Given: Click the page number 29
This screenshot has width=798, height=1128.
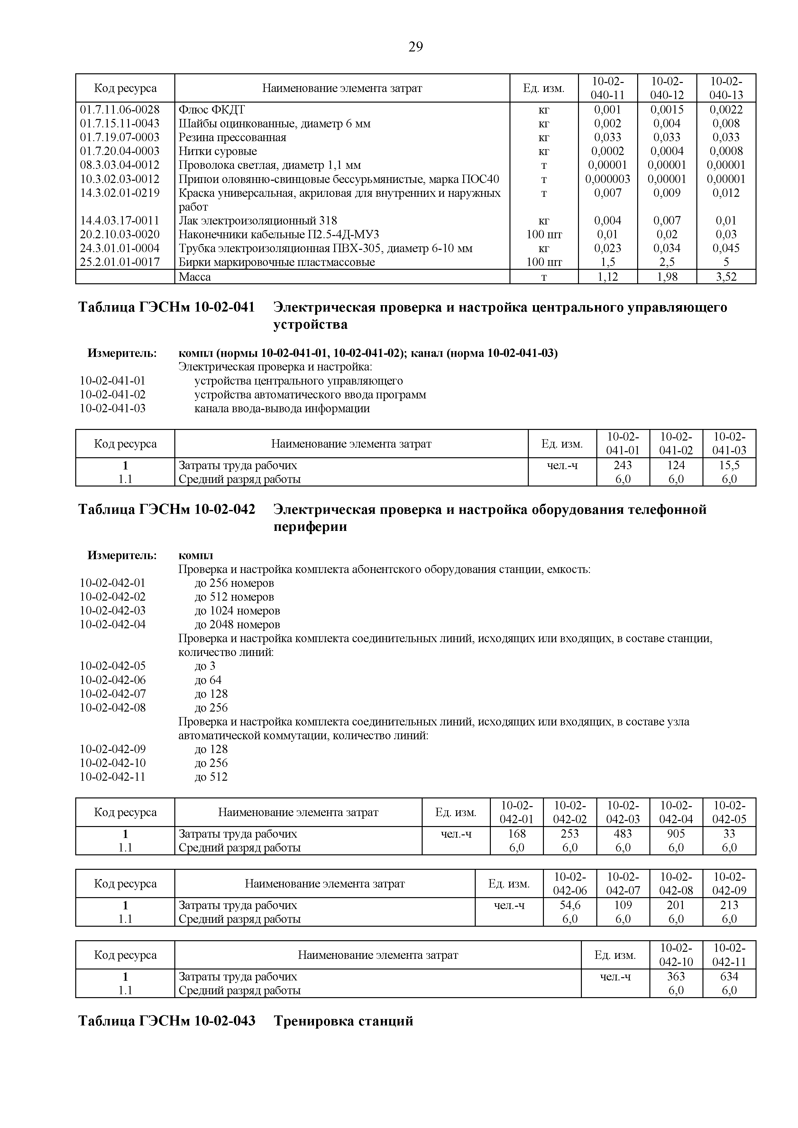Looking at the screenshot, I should click(415, 47).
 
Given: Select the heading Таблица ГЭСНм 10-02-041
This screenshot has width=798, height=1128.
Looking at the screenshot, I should click(167, 307).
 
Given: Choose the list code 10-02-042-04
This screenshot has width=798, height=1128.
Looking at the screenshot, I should click(113, 624).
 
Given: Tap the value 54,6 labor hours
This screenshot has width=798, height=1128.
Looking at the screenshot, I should click(570, 905).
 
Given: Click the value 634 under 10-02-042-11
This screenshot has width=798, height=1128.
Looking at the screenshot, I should click(729, 976).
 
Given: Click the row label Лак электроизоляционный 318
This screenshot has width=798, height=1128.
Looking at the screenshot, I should click(258, 221).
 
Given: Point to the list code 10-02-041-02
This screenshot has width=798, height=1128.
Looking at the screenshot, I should click(113, 395).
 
